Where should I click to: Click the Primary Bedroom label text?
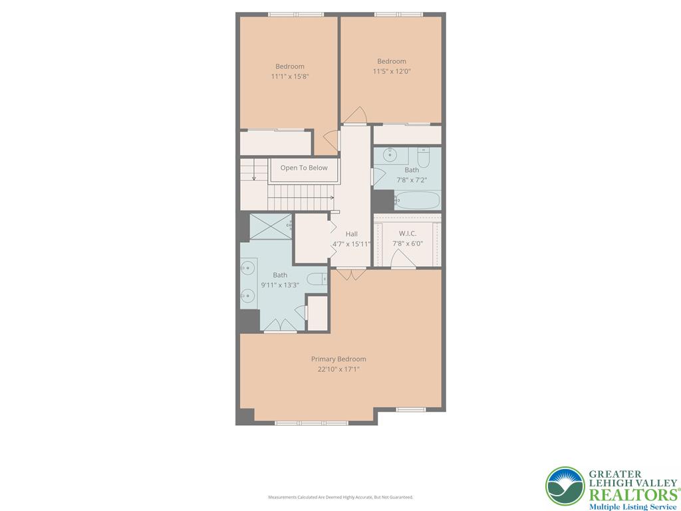[339, 359]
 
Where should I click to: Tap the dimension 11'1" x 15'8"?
[290, 77]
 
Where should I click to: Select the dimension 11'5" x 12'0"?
[391, 71]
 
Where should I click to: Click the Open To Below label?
[304, 168]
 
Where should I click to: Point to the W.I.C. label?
[407, 233]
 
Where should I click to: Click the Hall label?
[351, 234]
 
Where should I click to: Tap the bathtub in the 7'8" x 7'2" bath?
[417, 200]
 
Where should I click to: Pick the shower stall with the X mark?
[270, 227]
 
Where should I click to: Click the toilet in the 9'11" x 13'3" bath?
[319, 279]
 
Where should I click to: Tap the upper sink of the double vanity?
[247, 268]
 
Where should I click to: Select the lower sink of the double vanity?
[247, 295]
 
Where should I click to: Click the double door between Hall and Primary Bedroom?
[350, 273]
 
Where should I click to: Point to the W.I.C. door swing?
[403, 261]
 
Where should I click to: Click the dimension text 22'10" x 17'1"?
[339, 369]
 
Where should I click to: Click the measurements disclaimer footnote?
[340, 497]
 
